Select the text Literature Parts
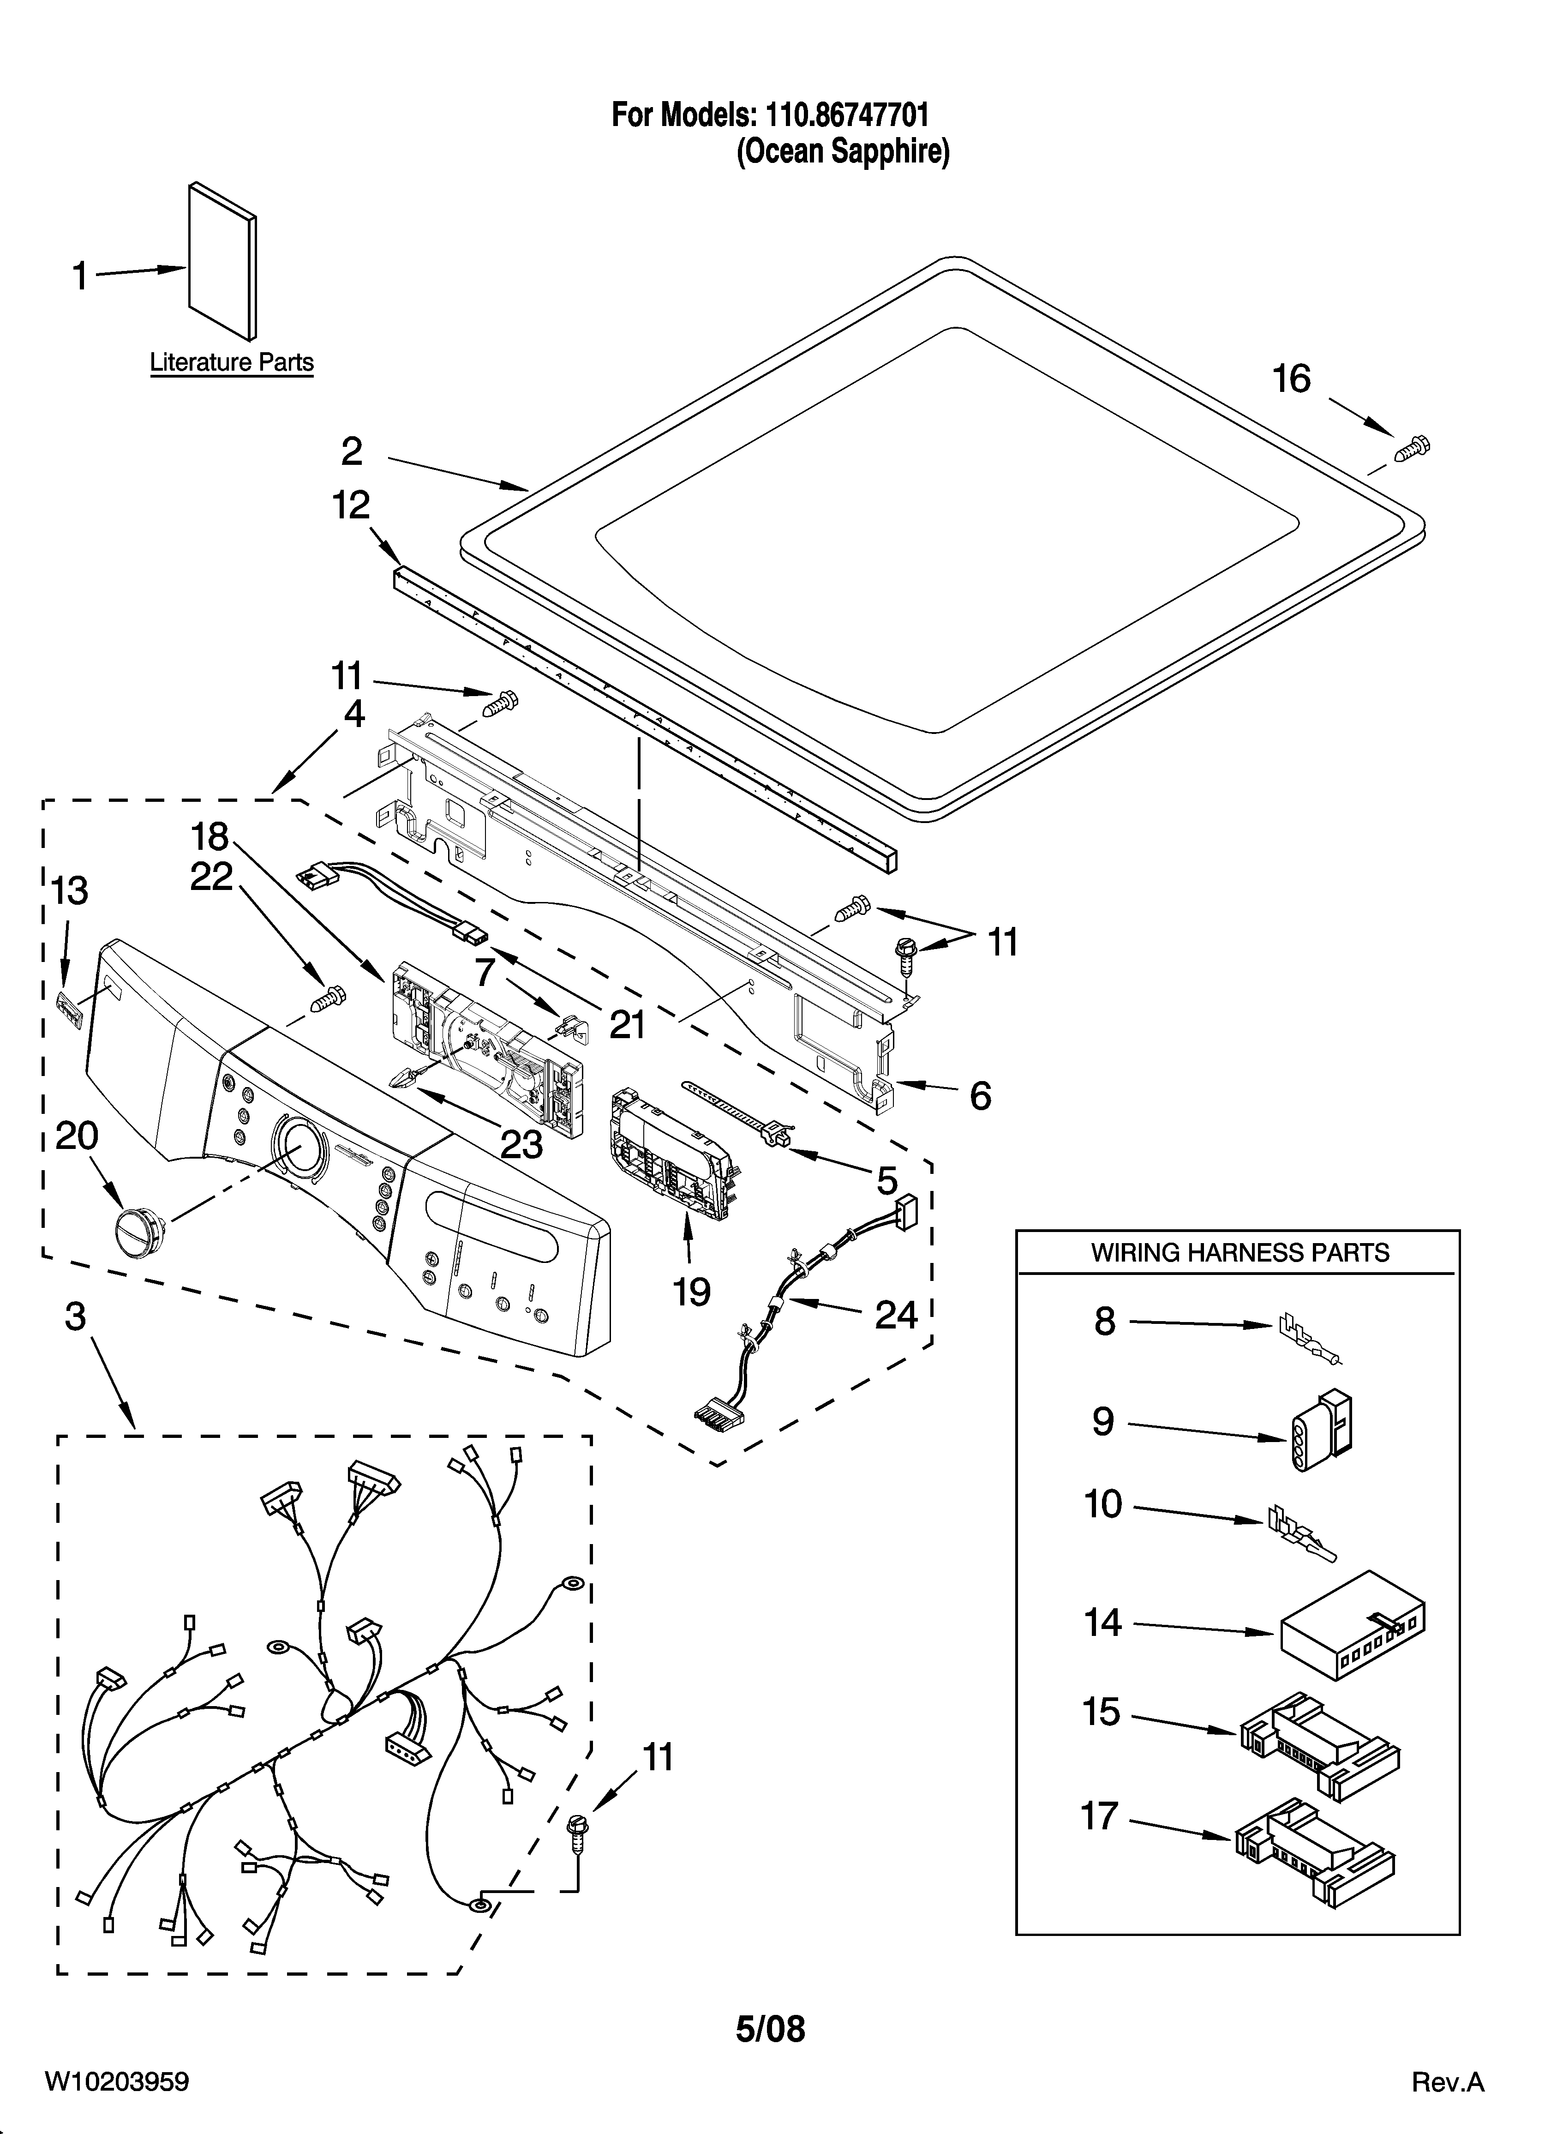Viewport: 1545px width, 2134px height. click(x=232, y=362)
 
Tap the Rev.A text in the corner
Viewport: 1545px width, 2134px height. click(x=1447, y=2076)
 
